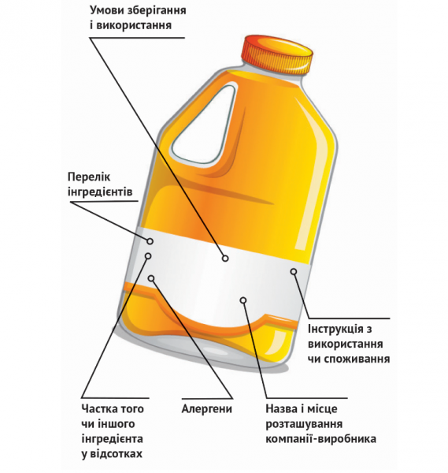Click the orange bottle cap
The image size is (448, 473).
277,55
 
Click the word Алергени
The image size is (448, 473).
207,409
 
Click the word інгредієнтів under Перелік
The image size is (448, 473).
100,192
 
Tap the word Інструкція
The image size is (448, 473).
336,329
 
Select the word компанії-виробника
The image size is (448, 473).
321,438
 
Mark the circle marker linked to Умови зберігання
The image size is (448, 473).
225,259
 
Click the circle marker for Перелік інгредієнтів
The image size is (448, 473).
150,241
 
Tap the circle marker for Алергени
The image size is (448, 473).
151,277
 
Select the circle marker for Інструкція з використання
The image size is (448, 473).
294,271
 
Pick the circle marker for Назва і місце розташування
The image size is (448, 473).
243,300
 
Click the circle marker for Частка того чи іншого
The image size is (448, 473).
148,255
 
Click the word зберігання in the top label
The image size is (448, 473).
157,11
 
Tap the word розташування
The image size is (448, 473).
304,424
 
